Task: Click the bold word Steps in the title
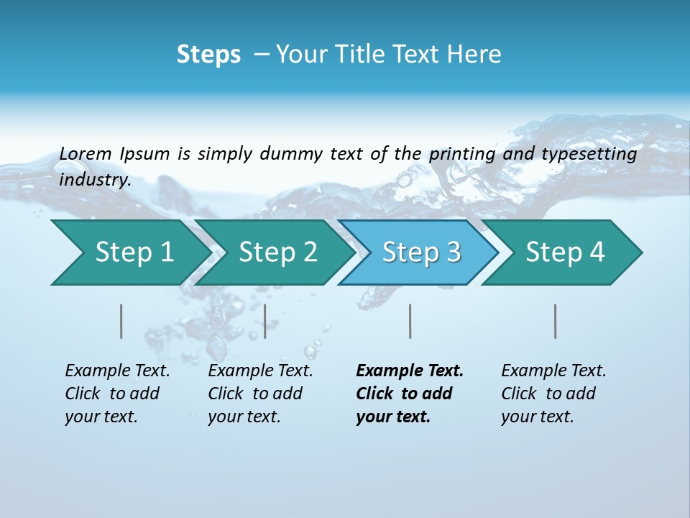pos(208,55)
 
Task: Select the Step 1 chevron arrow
pos(129,253)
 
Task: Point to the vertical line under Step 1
pos(121,321)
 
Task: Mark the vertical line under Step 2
pos(265,321)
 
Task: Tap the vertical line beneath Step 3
pos(410,321)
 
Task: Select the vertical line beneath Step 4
pos(556,321)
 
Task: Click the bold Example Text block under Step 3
pos(409,394)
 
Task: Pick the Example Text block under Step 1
pos(117,394)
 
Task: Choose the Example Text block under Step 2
pos(260,394)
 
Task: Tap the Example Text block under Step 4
pos(553,394)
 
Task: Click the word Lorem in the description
pos(86,153)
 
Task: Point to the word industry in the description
pos(95,180)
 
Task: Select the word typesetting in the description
pos(589,154)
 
